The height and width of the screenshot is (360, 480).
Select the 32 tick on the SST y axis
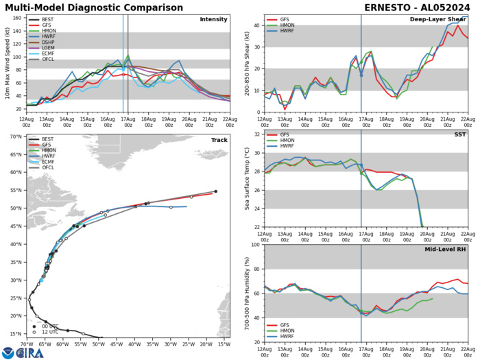(255, 153)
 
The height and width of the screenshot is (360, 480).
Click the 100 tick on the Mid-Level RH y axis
(254, 245)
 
